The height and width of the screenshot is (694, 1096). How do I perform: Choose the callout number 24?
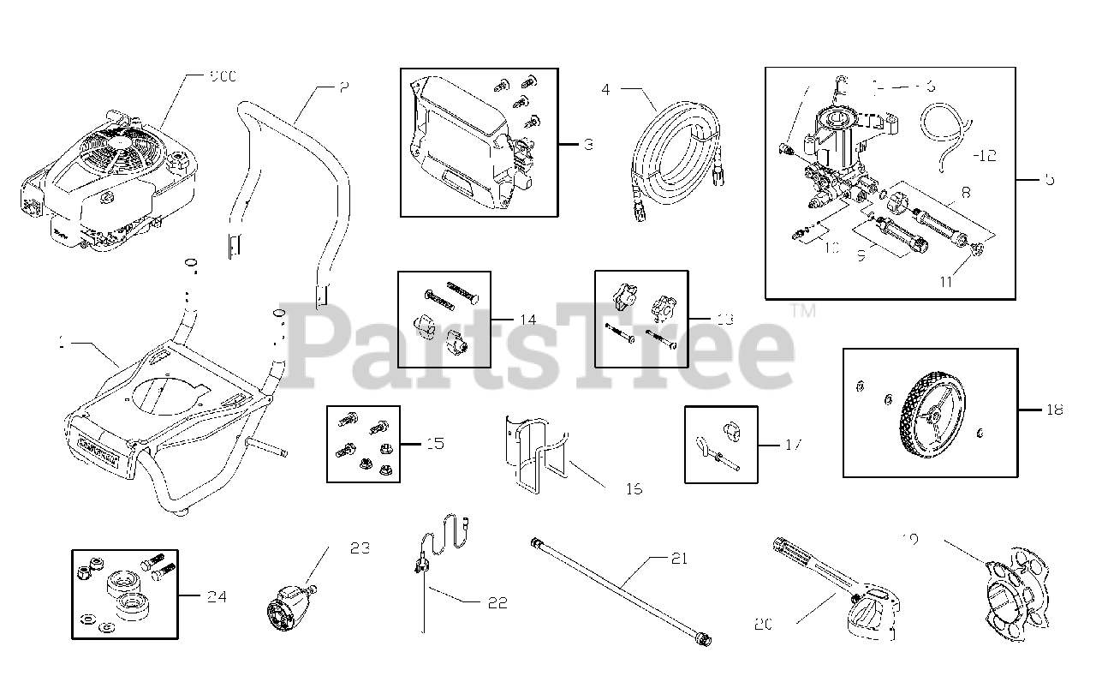coord(217,596)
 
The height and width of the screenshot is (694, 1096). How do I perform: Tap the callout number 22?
coord(497,603)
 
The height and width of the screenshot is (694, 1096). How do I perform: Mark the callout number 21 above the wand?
coord(679,559)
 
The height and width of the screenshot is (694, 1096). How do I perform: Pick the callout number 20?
coord(764,625)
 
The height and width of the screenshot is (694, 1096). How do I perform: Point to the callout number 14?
coord(527,320)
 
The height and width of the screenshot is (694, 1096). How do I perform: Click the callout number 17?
coord(792,445)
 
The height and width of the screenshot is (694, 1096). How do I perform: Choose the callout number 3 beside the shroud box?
coord(587,145)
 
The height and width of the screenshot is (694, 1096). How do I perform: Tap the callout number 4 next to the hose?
coord(606,88)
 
